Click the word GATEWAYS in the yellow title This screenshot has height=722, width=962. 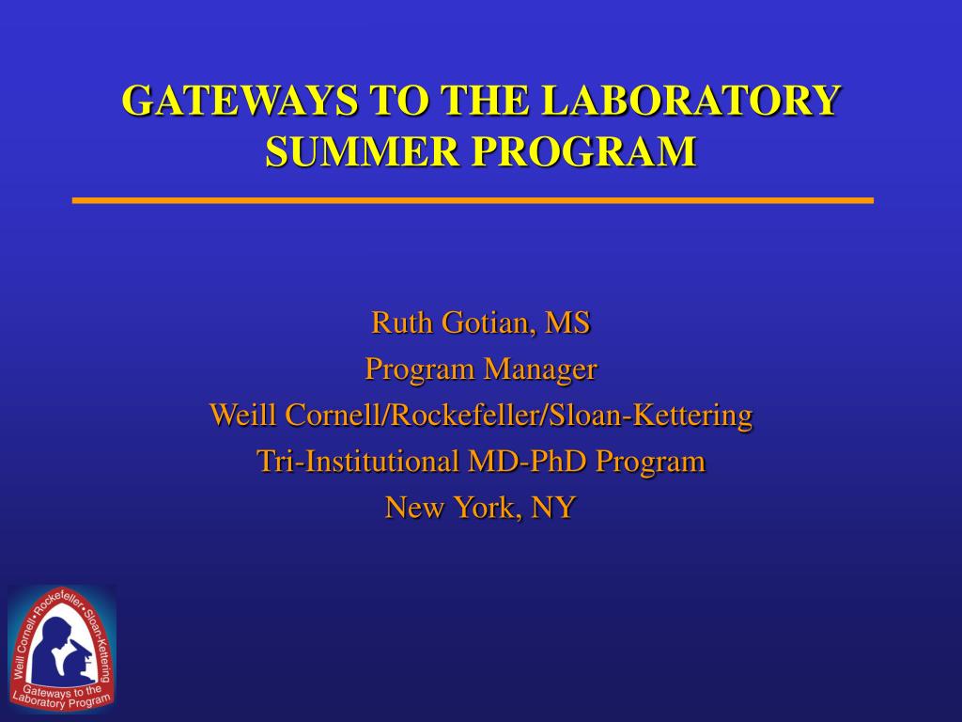pos(240,100)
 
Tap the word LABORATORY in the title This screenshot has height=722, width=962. pos(691,100)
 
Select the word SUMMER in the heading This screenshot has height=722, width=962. pos(362,151)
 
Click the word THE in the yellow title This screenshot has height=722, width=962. pos(485,100)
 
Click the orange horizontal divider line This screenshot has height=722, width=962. pos(473,200)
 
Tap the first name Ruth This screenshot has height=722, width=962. pos(401,323)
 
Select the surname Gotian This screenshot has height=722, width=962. pos(486,323)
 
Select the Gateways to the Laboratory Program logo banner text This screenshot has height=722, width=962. pos(61,697)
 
